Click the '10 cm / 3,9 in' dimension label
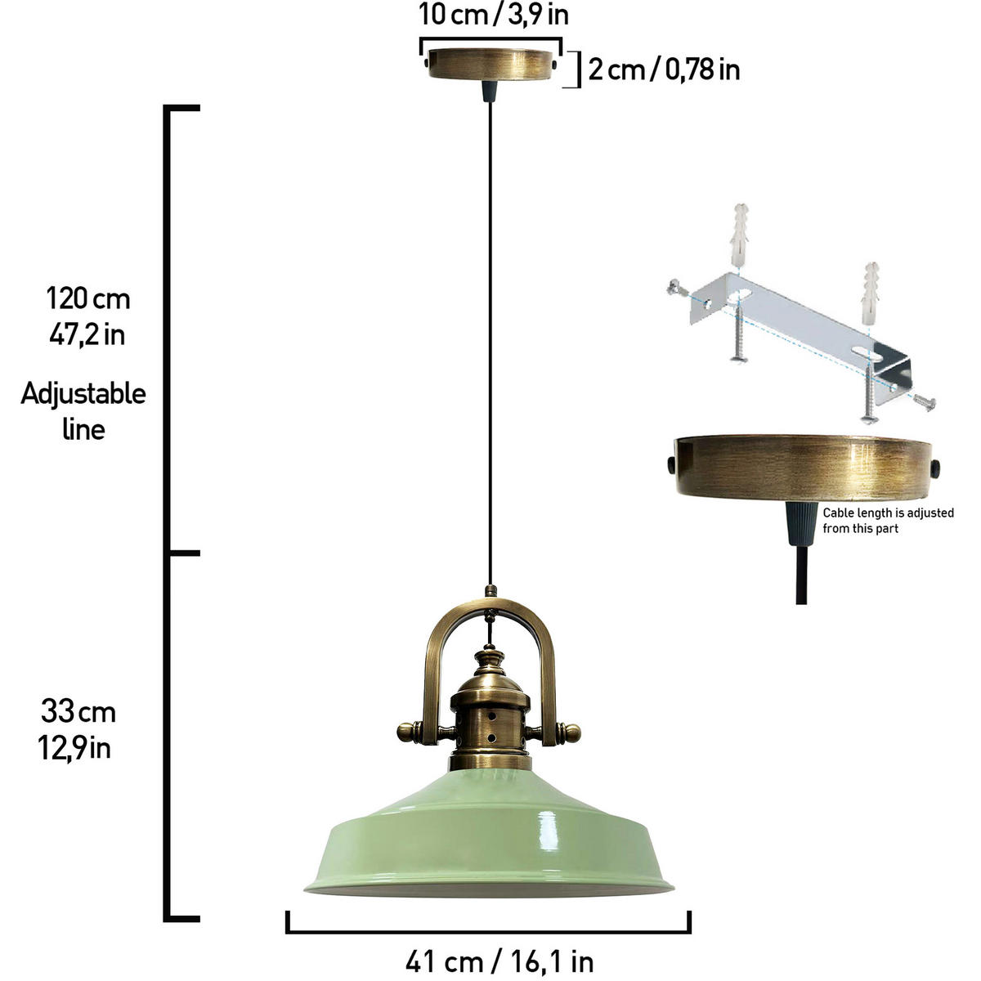click(x=493, y=16)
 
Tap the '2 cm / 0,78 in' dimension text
click(x=664, y=69)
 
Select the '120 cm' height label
click(x=88, y=298)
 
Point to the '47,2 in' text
click(x=87, y=335)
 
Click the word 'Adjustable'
click(x=83, y=394)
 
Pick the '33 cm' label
click(x=78, y=711)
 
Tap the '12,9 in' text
click(x=74, y=748)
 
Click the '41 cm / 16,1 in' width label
click(x=499, y=961)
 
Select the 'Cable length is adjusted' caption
click(x=889, y=513)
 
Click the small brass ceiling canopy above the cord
click(x=490, y=65)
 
